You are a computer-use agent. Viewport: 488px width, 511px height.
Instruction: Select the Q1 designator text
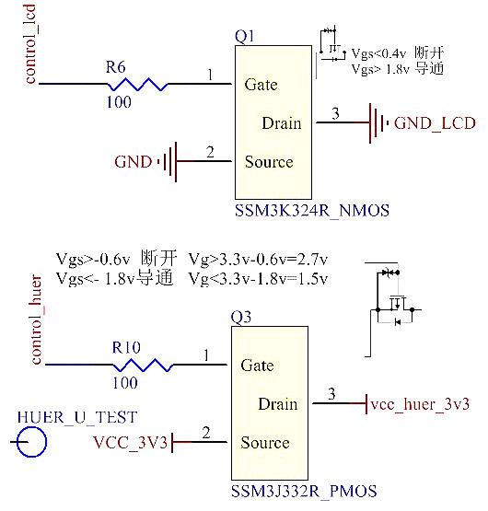[x=244, y=36]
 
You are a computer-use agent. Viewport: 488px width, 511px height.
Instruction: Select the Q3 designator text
[x=240, y=319]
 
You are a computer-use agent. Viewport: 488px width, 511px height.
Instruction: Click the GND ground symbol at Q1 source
[x=168, y=162]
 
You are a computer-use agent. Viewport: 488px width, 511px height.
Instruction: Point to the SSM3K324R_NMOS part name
[x=312, y=211]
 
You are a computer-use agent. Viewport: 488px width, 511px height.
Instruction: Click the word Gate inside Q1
[x=261, y=85]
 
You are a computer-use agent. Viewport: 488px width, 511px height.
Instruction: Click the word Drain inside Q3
[x=277, y=404]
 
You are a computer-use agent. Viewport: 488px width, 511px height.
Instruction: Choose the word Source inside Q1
[x=269, y=162]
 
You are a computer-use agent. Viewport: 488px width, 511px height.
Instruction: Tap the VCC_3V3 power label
[x=131, y=443]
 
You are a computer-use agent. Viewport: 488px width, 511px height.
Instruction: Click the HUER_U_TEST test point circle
[x=33, y=444]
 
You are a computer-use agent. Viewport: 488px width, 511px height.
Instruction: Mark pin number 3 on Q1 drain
[x=335, y=114]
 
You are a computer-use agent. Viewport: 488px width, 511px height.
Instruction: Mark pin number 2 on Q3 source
[x=207, y=433]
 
